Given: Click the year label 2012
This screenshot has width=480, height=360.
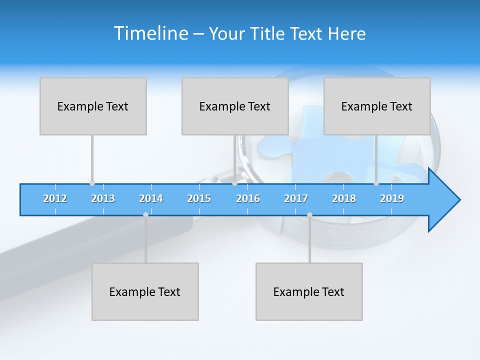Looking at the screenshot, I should [x=55, y=199].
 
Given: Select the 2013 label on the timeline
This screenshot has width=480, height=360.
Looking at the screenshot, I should [x=103, y=199].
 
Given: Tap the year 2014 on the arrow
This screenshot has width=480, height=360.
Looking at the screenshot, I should [x=151, y=199].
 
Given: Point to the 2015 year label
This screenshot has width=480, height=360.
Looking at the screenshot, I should [x=199, y=199].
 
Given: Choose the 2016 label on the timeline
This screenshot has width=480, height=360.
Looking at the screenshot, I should [x=248, y=199].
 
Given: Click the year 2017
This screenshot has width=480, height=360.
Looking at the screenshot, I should [x=296, y=199].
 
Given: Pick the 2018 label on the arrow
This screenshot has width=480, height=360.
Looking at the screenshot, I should [x=344, y=199].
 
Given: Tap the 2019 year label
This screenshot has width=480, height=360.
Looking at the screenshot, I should [x=392, y=199].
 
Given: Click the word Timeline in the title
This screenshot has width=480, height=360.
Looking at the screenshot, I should [x=150, y=33].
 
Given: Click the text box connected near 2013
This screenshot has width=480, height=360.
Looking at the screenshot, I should [x=93, y=106].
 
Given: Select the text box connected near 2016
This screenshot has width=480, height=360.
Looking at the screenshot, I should [x=235, y=106].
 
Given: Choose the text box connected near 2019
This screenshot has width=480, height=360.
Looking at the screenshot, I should [x=377, y=106].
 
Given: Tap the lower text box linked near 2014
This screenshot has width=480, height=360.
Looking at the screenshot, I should [x=145, y=291].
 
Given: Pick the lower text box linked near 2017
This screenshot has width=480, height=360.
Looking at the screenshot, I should [x=309, y=291].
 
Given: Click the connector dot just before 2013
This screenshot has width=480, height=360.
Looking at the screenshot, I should [x=92, y=183].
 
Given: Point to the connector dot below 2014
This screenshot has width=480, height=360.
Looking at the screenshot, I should [x=145, y=214].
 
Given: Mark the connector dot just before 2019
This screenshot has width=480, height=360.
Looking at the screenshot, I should [x=376, y=183].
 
